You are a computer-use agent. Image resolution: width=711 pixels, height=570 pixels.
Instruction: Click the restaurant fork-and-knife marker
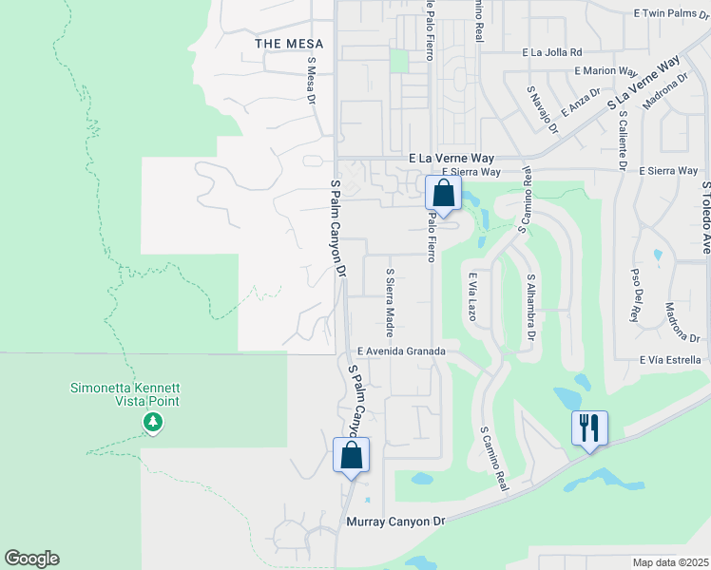(x=589, y=427)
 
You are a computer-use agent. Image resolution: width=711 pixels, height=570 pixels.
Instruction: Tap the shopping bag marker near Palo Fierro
(x=443, y=193)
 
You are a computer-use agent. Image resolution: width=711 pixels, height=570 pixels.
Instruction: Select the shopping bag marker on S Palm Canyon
(x=352, y=454)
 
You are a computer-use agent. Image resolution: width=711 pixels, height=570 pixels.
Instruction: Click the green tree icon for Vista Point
(x=151, y=421)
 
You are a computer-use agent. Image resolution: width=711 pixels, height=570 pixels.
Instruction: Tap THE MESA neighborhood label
(x=289, y=44)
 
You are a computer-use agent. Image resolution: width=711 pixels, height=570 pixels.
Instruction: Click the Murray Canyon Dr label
(x=395, y=522)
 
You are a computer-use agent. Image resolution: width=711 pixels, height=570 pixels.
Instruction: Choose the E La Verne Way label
(x=453, y=158)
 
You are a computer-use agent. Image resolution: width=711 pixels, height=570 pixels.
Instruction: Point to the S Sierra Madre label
(x=389, y=302)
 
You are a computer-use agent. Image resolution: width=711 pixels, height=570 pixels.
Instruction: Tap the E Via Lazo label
(x=471, y=296)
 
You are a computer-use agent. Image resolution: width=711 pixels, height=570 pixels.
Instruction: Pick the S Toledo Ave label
(x=705, y=218)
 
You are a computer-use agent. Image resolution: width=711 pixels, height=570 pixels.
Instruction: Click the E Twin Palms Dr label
(x=671, y=14)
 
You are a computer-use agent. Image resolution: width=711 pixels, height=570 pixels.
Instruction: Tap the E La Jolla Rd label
(x=551, y=53)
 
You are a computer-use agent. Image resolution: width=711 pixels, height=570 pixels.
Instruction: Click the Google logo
(x=31, y=559)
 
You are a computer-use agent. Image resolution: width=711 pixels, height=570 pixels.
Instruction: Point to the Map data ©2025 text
(x=670, y=562)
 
